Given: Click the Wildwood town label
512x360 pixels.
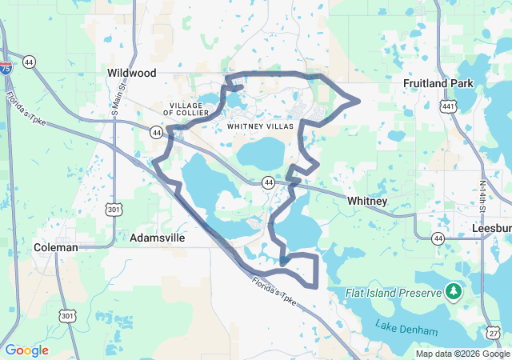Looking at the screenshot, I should click(131, 73).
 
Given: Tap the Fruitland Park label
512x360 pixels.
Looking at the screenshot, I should click(438, 83).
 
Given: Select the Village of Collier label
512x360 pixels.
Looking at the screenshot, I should click(190, 109).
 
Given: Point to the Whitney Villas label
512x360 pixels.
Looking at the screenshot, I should click(261, 126).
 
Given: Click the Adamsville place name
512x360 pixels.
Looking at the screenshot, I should click(158, 238).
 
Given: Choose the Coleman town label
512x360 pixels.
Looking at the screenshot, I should click(56, 248).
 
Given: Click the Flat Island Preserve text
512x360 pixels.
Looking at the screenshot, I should click(394, 294).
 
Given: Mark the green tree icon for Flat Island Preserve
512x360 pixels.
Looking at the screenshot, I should click(454, 290).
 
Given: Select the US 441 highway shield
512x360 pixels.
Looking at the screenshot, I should click(448, 106).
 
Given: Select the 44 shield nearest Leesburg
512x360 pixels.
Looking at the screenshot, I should click(438, 238).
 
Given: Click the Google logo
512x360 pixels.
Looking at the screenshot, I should click(27, 350).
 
